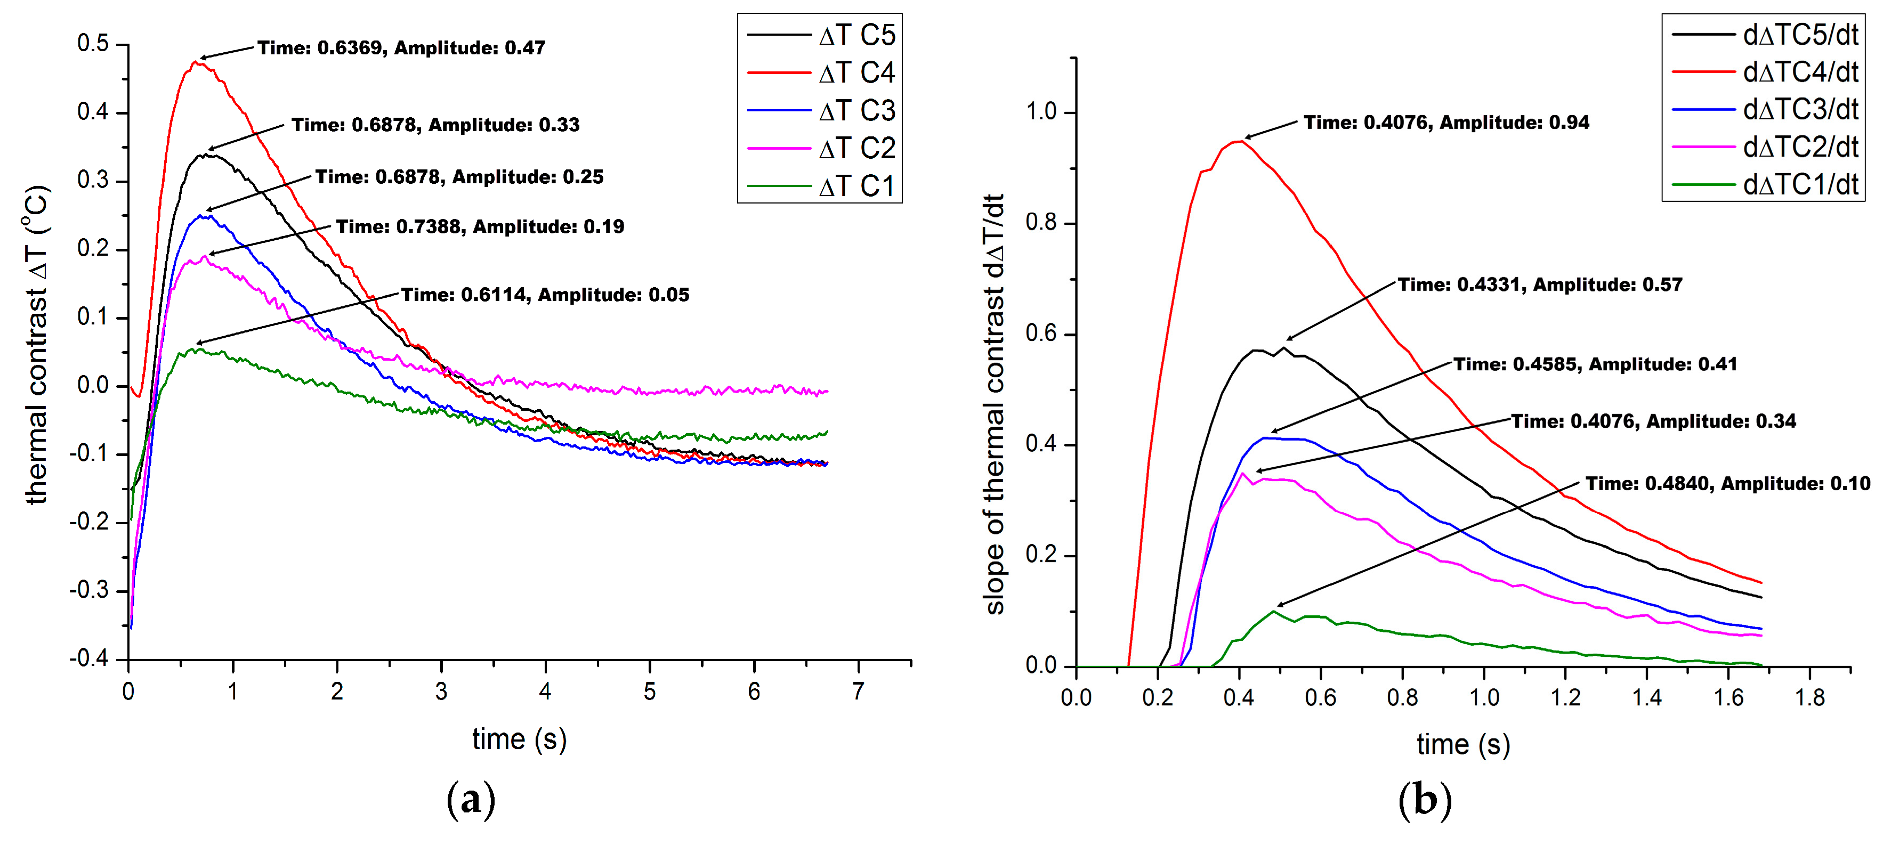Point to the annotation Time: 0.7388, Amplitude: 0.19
click(480, 226)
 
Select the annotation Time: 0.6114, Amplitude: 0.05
click(545, 295)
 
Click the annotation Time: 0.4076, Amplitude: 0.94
click(1446, 123)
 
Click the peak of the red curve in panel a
click(195, 62)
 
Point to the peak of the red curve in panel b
click(1239, 141)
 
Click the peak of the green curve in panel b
click(1275, 611)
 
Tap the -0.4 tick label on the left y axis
click(88, 659)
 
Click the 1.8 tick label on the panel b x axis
click(1810, 698)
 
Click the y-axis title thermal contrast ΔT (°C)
click(37, 345)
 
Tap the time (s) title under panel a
click(519, 739)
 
